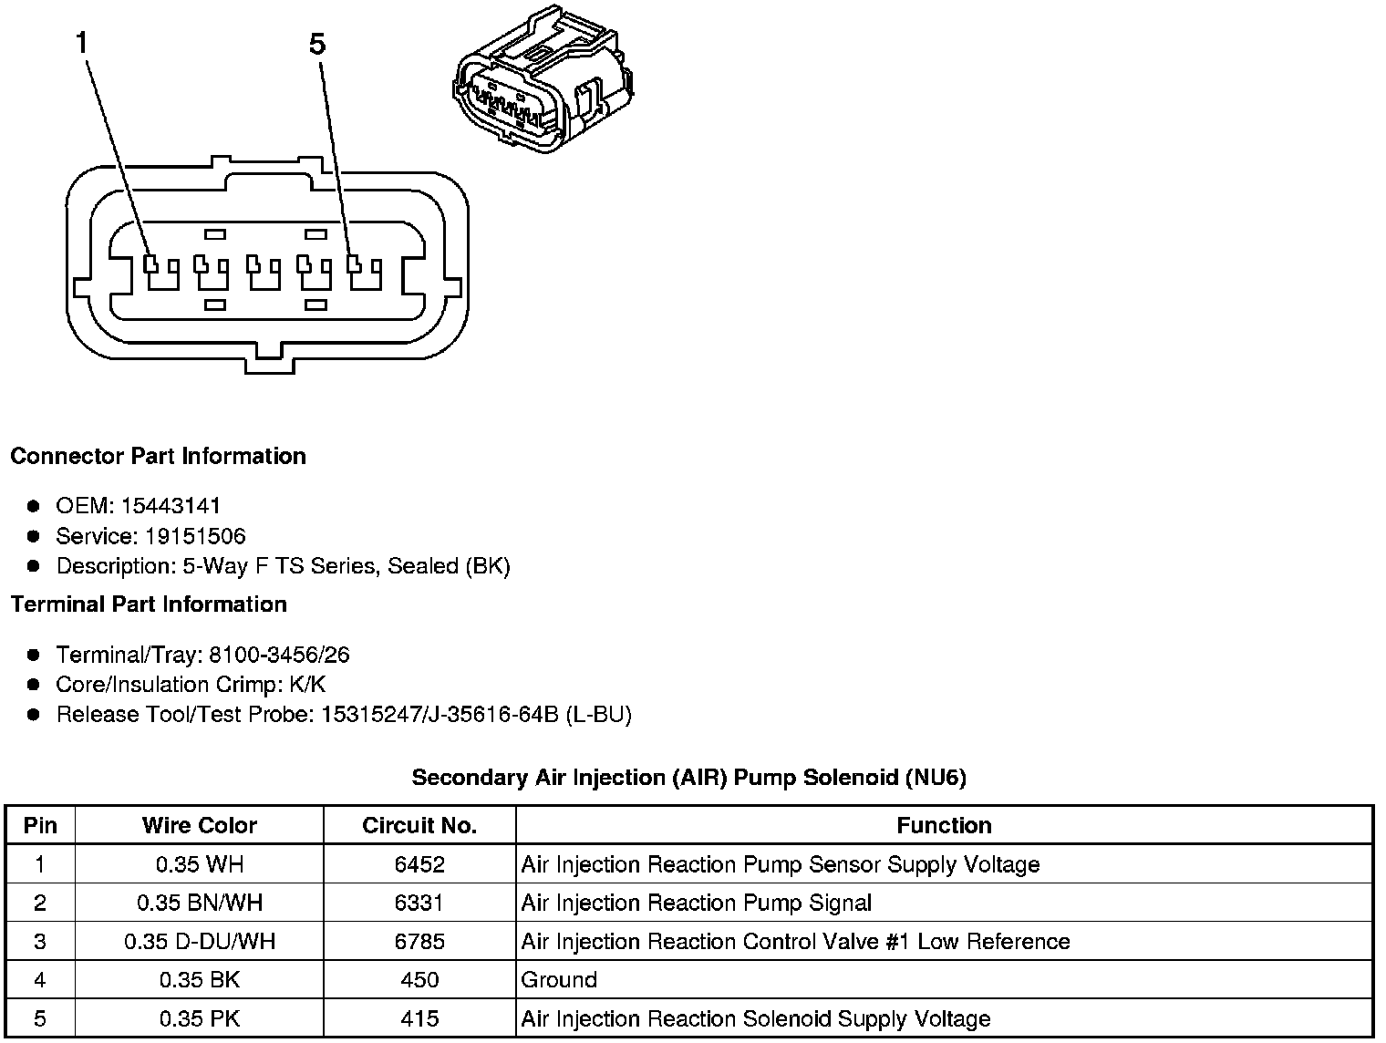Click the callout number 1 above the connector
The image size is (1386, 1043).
82,43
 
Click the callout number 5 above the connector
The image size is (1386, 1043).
317,44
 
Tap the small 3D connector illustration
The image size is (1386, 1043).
542,79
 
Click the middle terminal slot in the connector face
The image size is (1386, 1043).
265,272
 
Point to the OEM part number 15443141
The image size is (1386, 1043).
171,506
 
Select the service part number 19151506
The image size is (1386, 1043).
195,536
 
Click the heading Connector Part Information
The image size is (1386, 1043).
158,456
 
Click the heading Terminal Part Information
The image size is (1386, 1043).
149,604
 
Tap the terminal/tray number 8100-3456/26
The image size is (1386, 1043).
279,655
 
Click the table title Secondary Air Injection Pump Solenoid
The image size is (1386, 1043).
688,778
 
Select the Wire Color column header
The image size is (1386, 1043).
200,825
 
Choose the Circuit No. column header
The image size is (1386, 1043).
419,825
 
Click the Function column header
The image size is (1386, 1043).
944,825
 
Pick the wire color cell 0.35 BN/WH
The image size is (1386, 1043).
200,903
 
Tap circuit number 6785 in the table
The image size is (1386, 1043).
419,941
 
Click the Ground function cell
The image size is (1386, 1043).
559,980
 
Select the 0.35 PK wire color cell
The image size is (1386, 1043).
200,1018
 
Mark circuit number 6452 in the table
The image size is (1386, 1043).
419,864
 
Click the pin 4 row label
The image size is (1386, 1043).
40,980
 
